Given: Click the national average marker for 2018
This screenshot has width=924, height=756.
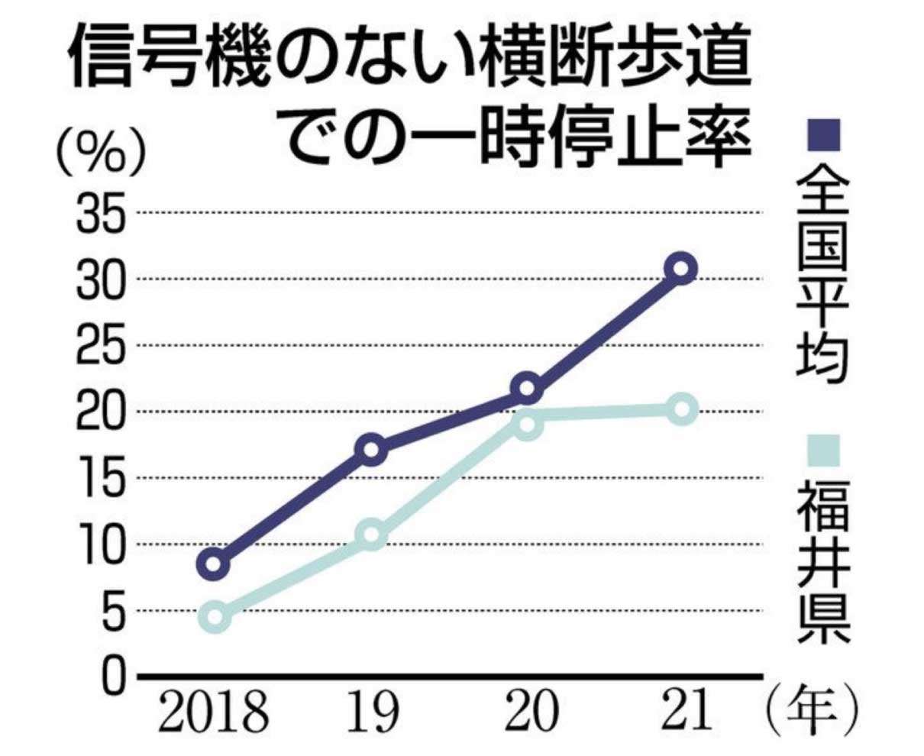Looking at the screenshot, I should click(x=215, y=564).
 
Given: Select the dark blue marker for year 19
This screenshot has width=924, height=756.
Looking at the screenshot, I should click(x=372, y=449).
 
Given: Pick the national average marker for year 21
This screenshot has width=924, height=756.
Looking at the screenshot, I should click(x=680, y=268).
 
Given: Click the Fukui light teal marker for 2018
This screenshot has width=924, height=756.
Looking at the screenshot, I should click(x=215, y=617).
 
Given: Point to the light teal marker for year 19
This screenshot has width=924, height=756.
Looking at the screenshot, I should click(x=372, y=535).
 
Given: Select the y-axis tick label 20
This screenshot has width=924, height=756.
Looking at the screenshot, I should click(x=100, y=412).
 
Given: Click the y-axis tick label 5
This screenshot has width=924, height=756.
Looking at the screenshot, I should click(x=111, y=611).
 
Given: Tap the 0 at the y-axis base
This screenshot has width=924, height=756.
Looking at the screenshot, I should click(x=112, y=677).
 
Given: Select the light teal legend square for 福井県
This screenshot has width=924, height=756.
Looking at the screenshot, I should click(x=823, y=451).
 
